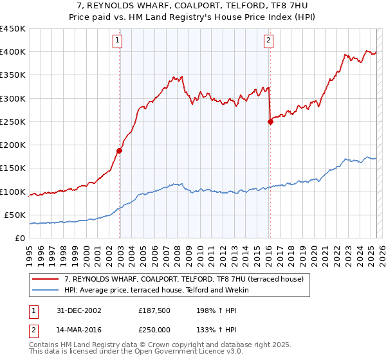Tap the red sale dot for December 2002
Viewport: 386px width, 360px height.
point(120,150)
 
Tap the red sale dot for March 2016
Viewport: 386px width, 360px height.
point(270,122)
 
